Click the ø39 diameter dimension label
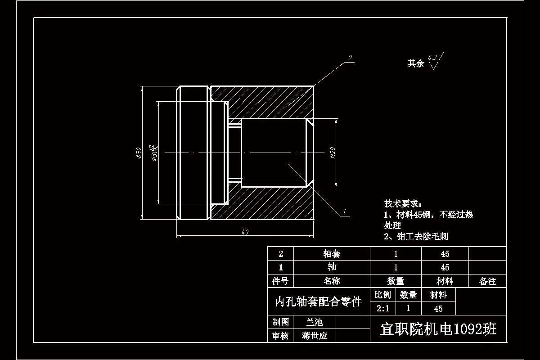tap(139, 153)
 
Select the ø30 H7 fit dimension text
tap(154, 153)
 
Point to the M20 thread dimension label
tap(333, 153)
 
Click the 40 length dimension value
tap(245, 232)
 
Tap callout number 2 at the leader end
tap(350, 58)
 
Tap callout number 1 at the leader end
tap(344, 211)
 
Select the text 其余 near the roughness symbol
tap(415, 63)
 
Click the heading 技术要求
tap(403, 204)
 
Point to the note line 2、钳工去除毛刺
tap(416, 236)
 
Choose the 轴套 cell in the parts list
tap(332, 254)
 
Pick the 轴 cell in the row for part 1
tap(332, 267)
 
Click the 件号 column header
tap(280, 281)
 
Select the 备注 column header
tap(488, 281)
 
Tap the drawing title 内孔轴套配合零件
tap(318, 301)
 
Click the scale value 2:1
tap(383, 309)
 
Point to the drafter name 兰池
tap(315, 322)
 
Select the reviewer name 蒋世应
tap(315, 336)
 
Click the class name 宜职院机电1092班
tap(438, 329)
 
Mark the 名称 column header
tap(332, 281)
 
